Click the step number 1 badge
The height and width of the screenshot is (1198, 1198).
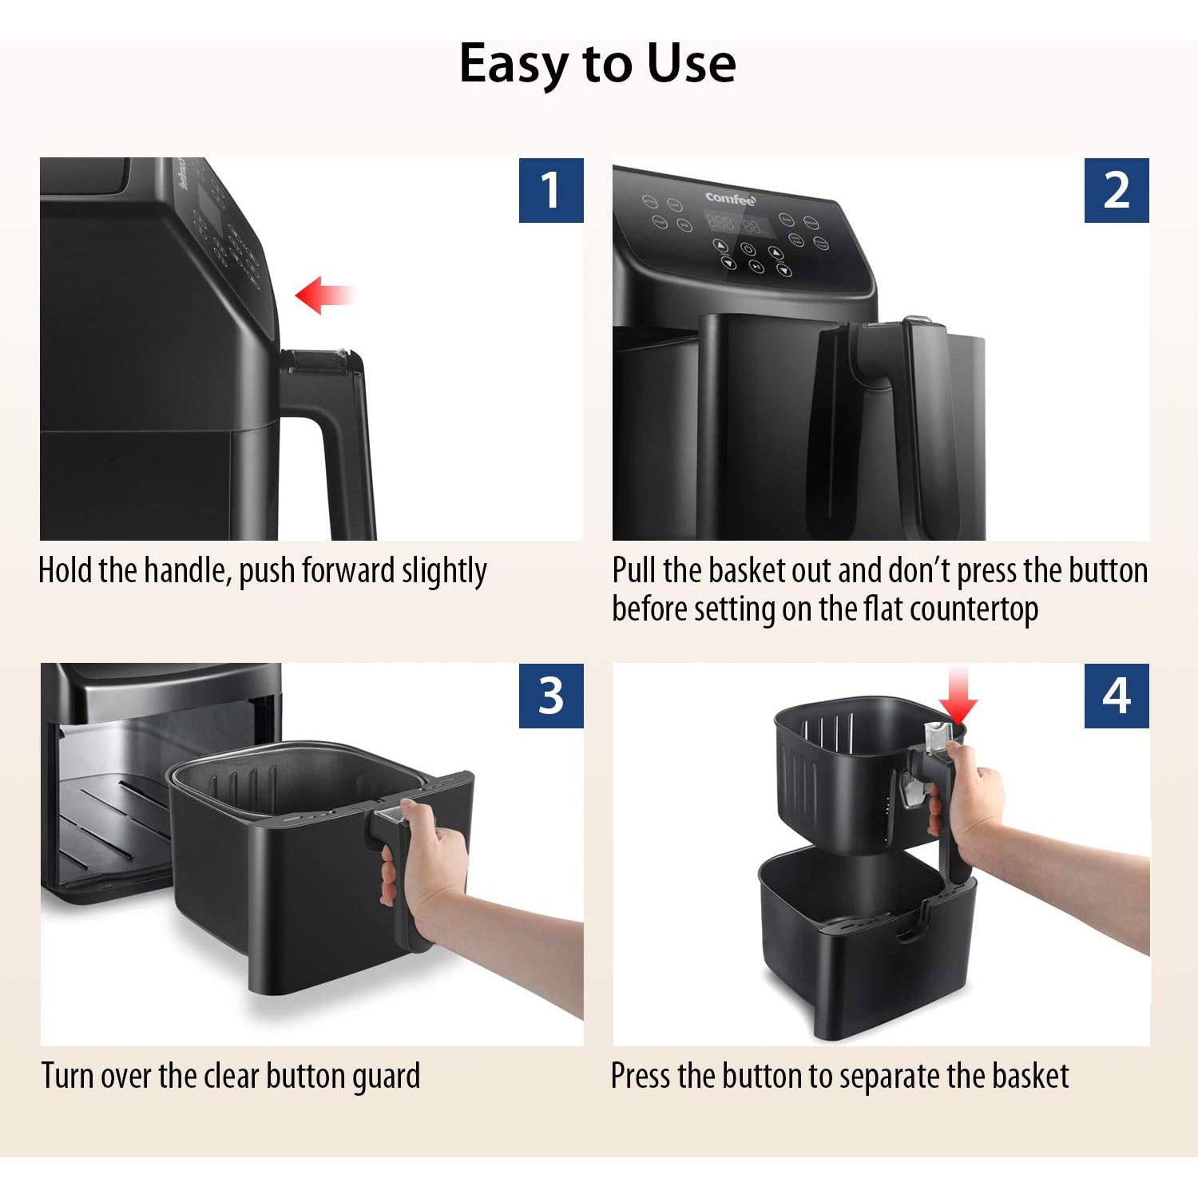point(551,190)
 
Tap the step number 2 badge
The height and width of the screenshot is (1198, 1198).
point(1116,190)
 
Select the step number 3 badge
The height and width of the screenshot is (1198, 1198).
point(551,696)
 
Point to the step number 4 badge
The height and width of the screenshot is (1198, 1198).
point(1116,696)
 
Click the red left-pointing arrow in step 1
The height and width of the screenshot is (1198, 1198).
point(323,296)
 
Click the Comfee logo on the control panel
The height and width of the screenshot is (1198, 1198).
point(730,199)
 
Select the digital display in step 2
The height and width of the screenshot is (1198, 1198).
point(735,223)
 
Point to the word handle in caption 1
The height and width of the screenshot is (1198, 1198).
point(187,571)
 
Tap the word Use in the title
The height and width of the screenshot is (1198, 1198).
point(691,64)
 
